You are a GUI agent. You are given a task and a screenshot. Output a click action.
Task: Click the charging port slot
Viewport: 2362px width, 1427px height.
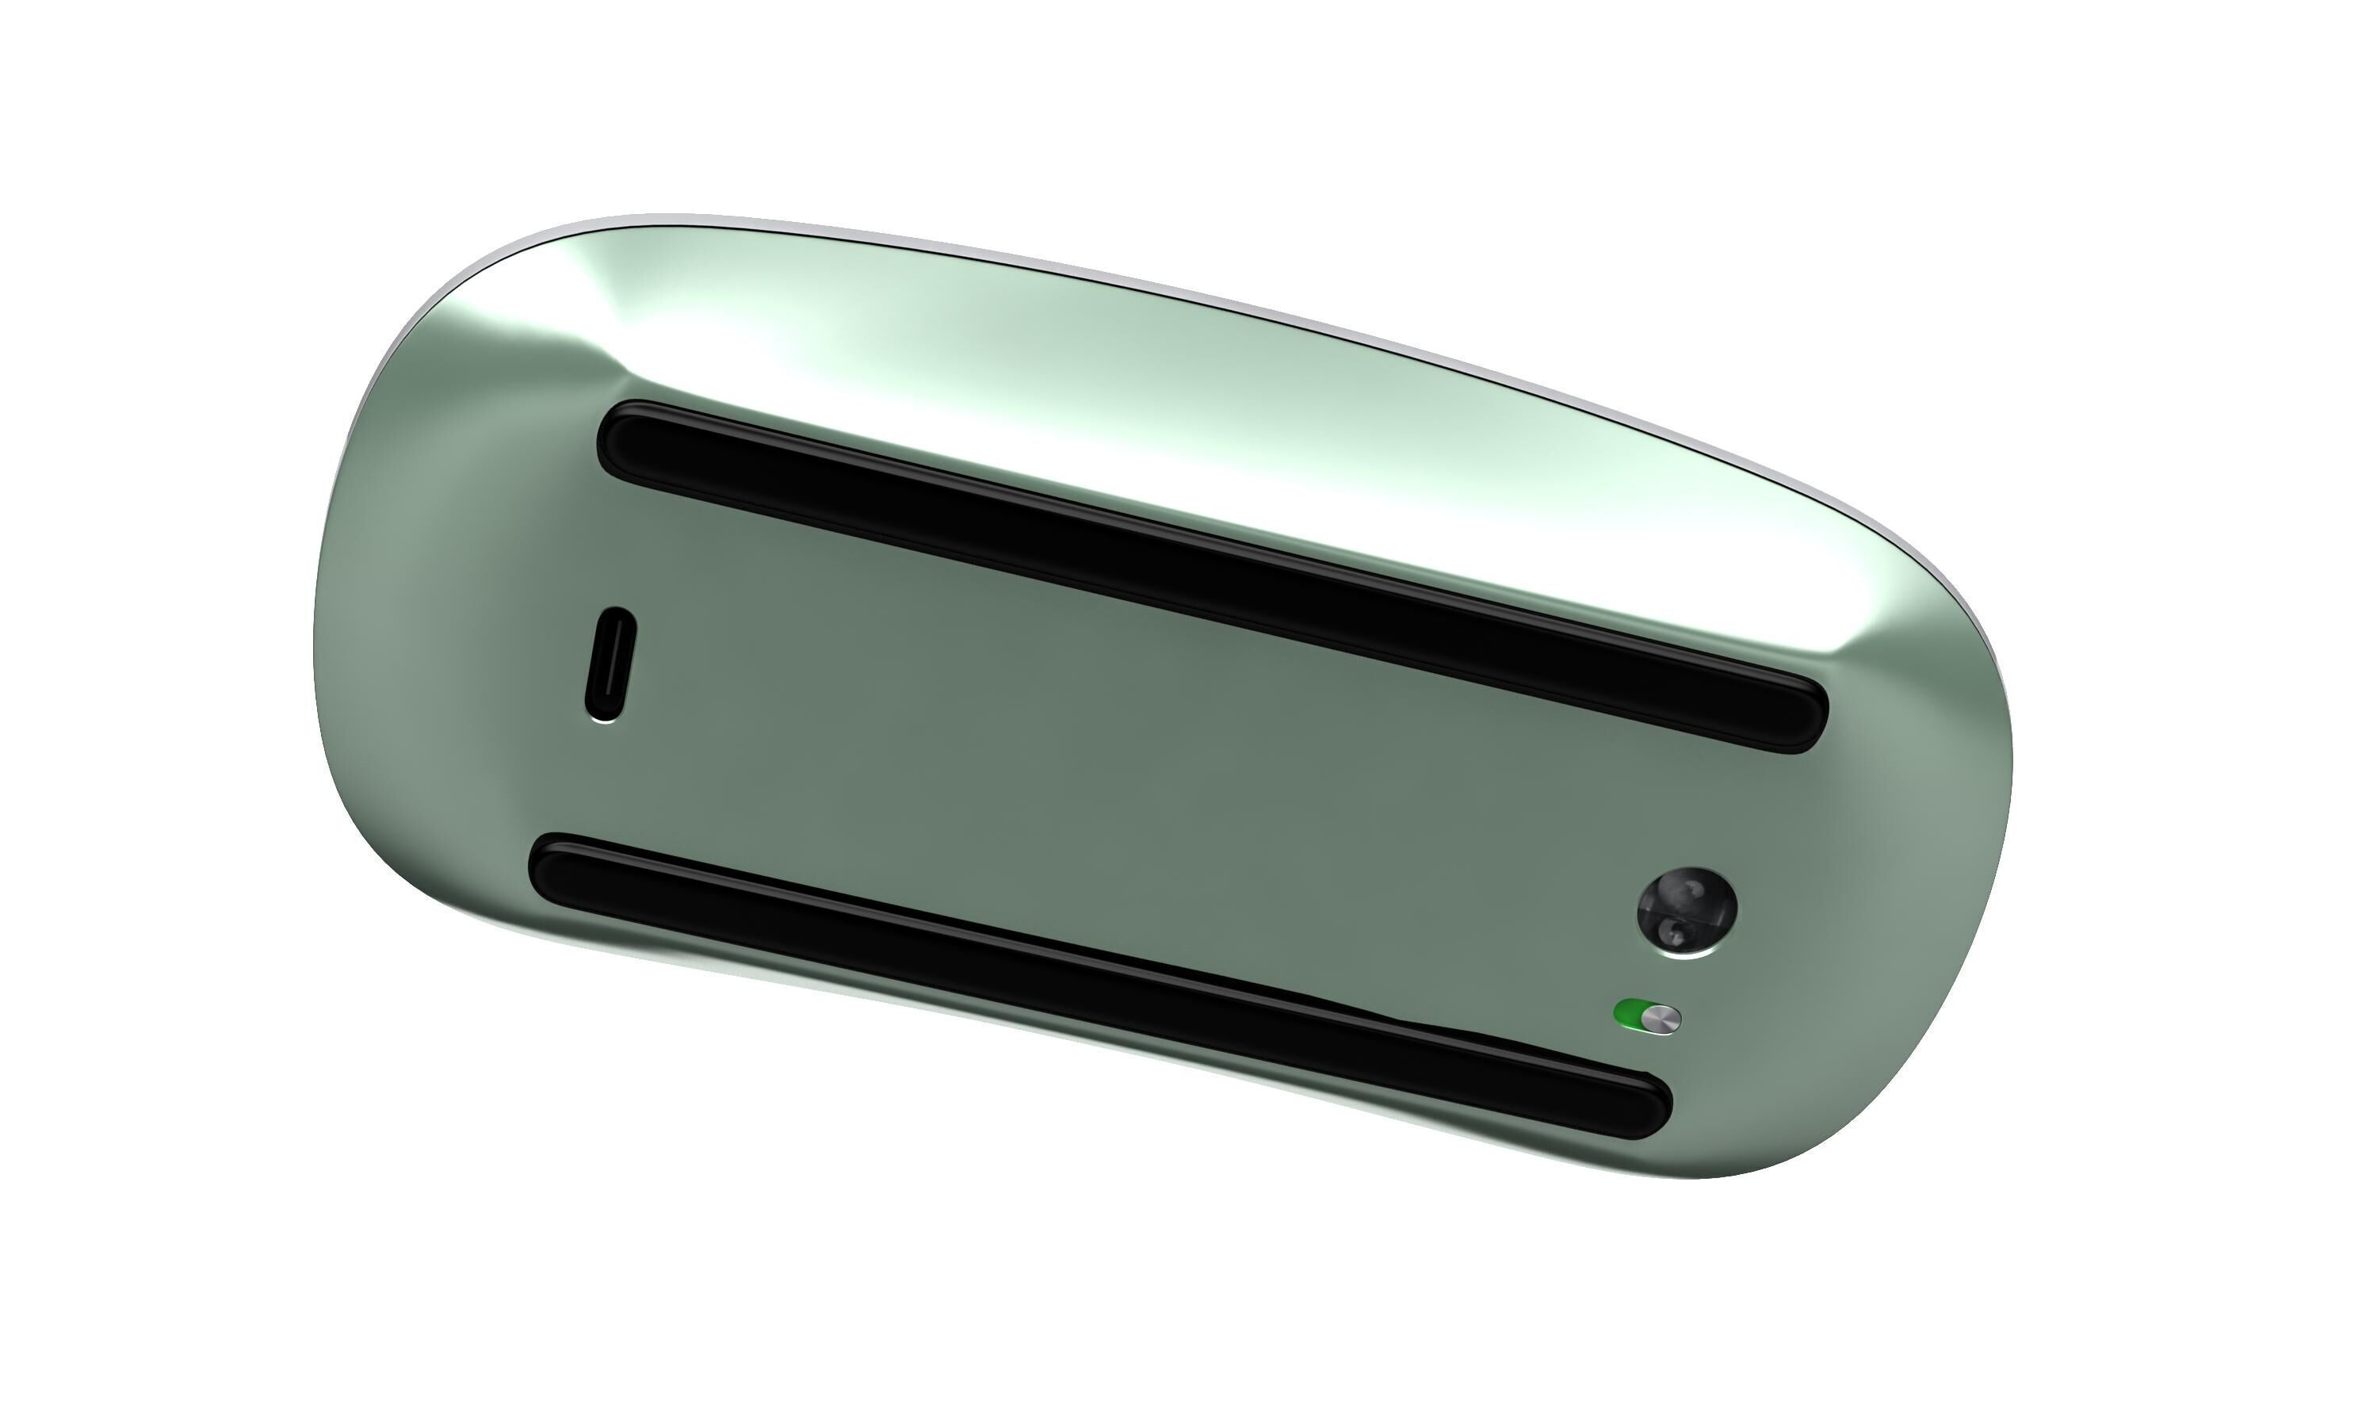point(610,664)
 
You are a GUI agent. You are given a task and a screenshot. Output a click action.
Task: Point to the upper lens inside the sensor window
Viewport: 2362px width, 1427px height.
point(1693,891)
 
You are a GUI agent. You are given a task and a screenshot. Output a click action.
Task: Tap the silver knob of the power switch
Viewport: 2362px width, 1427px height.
point(1666,1019)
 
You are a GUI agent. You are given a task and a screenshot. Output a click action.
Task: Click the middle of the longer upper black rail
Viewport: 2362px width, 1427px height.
point(1213,576)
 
